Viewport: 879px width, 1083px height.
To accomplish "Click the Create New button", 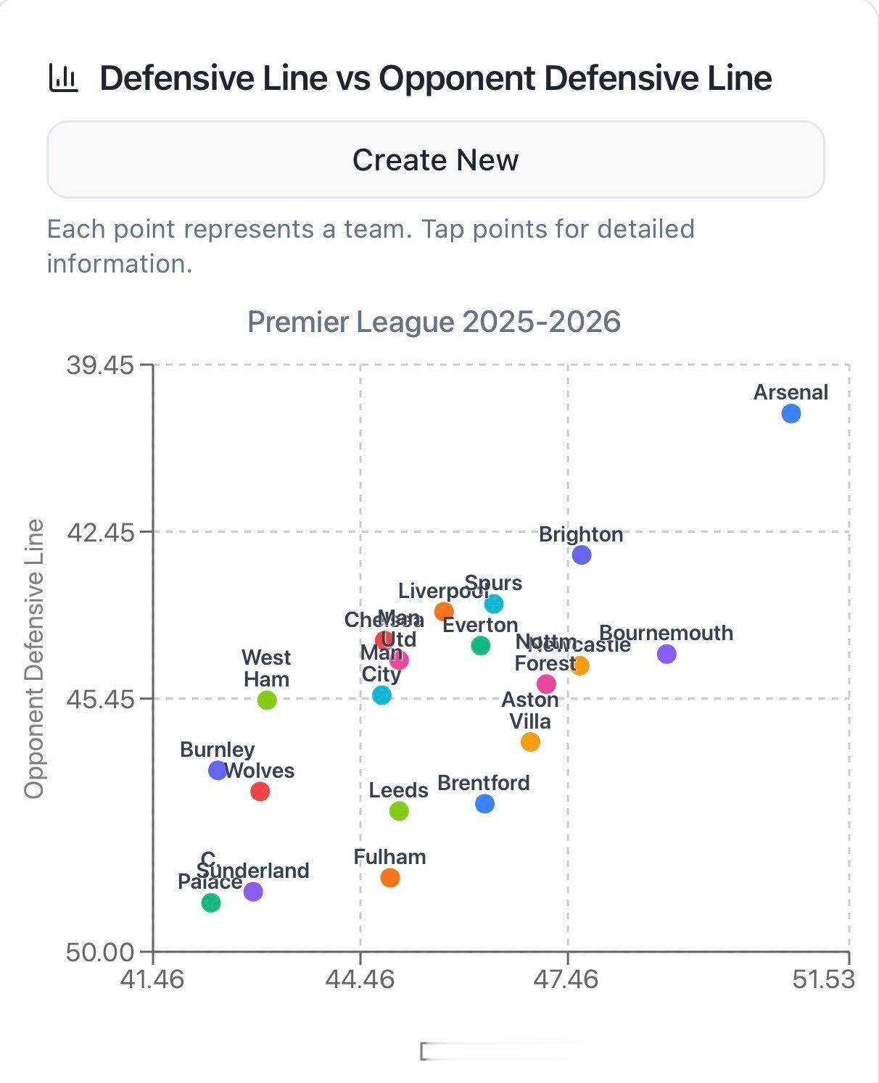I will pyautogui.click(x=435, y=159).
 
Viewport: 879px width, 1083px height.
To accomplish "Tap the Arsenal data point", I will pyautogui.click(x=791, y=414).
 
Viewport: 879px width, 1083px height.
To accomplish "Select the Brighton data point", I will pyautogui.click(x=581, y=555).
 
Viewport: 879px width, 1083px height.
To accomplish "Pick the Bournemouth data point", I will pyautogui.click(x=667, y=654).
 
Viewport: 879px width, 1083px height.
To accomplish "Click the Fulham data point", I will pyautogui.click(x=390, y=878).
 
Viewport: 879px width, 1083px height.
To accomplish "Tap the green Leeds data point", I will pyautogui.click(x=399, y=810).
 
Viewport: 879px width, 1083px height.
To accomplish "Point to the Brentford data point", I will pyautogui.click(x=485, y=803).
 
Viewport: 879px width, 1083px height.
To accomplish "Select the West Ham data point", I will pyautogui.click(x=267, y=700).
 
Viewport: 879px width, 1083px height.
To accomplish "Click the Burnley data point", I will pyautogui.click(x=218, y=771).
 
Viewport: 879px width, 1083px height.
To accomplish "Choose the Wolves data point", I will pyautogui.click(x=260, y=792).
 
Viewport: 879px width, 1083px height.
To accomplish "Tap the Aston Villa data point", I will pyautogui.click(x=530, y=742).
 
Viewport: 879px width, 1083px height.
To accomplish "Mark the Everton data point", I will pyautogui.click(x=480, y=645).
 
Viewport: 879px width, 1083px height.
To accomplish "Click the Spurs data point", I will pyautogui.click(x=494, y=604).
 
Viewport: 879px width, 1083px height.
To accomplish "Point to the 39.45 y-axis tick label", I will pyautogui.click(x=100, y=365).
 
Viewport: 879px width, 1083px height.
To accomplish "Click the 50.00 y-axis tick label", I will pyautogui.click(x=100, y=952).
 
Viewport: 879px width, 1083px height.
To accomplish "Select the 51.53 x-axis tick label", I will pyautogui.click(x=823, y=980).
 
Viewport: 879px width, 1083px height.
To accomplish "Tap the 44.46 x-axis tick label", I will pyautogui.click(x=360, y=980).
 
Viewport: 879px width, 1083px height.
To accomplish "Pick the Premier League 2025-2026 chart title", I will pyautogui.click(x=434, y=322).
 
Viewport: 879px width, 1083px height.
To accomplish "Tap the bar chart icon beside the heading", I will pyautogui.click(x=63, y=78).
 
